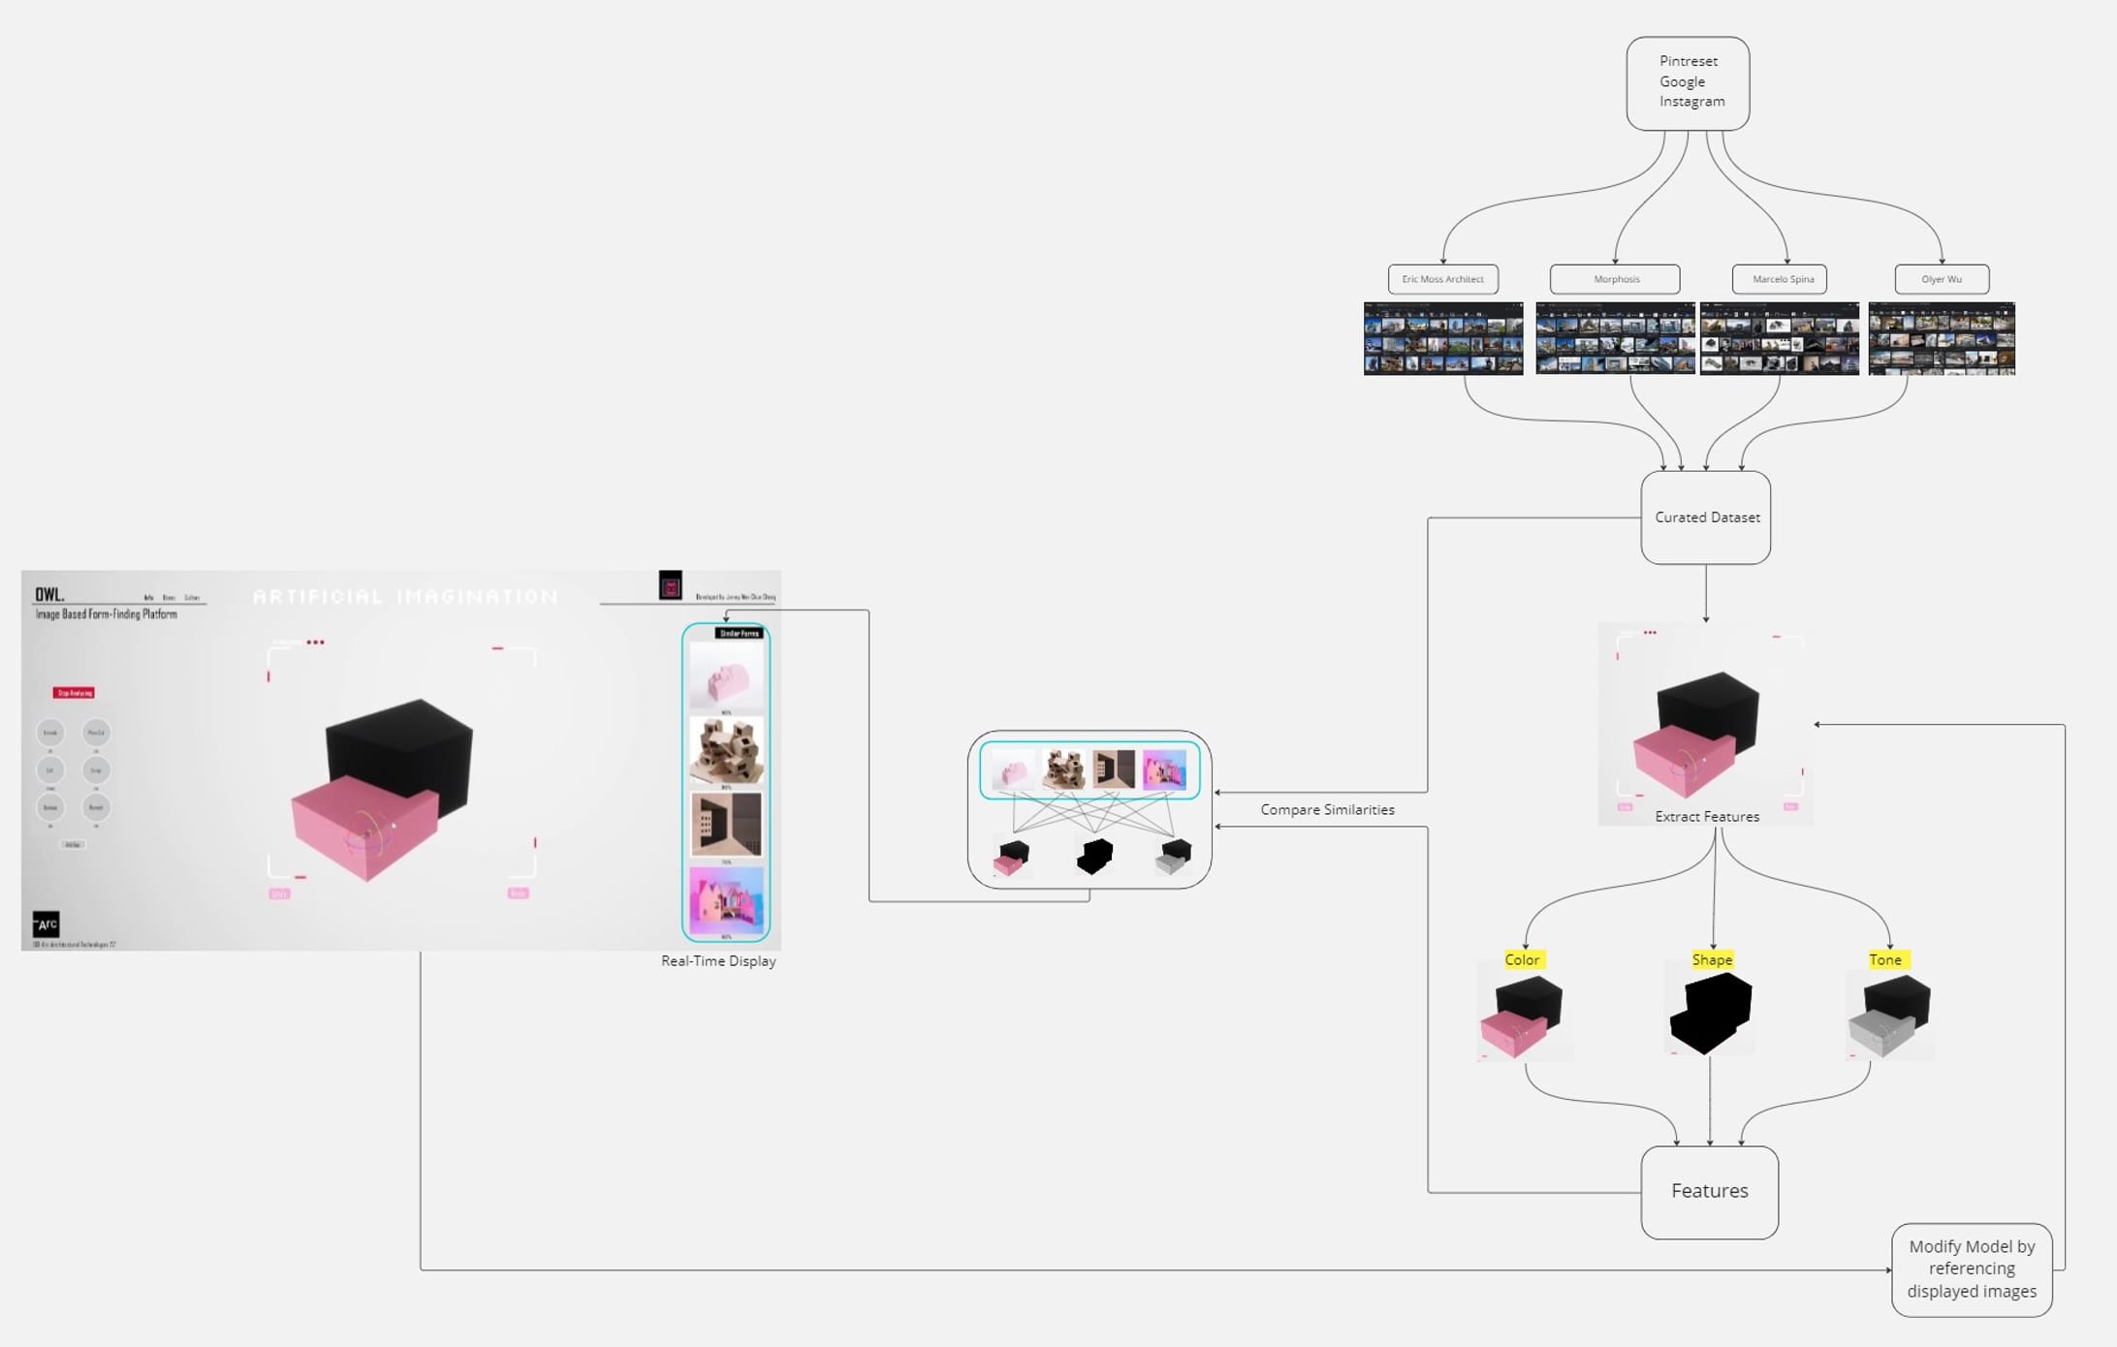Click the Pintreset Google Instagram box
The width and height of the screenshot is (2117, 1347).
pos(1688,83)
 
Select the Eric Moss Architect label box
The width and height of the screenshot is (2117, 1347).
pos(1442,279)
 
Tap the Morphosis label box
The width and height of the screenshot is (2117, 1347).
pos(1615,279)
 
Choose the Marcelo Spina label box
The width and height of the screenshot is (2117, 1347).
pos(1780,279)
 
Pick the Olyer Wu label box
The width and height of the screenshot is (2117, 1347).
pos(1942,279)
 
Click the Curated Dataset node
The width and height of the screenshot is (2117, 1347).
pos(1706,517)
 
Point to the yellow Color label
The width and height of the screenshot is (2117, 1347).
pos(1522,959)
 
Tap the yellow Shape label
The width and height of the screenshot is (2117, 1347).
pos(1712,959)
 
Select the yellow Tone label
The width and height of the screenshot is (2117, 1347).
pos(1885,959)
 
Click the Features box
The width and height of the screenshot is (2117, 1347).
pos(1709,1191)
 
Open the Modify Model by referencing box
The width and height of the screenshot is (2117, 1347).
pos(1972,1269)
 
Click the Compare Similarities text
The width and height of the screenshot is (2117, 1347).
pos(1327,809)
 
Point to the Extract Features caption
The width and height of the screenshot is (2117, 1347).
pos(1707,816)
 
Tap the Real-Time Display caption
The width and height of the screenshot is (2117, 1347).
pos(718,960)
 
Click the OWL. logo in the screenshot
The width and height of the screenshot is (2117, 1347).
pos(49,594)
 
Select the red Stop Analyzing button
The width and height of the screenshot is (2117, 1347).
pos(74,693)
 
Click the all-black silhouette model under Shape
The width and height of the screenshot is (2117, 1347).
pos(1712,1014)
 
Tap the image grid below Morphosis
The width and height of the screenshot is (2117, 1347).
pos(1615,338)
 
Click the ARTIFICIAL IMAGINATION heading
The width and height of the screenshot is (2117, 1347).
pos(405,597)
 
